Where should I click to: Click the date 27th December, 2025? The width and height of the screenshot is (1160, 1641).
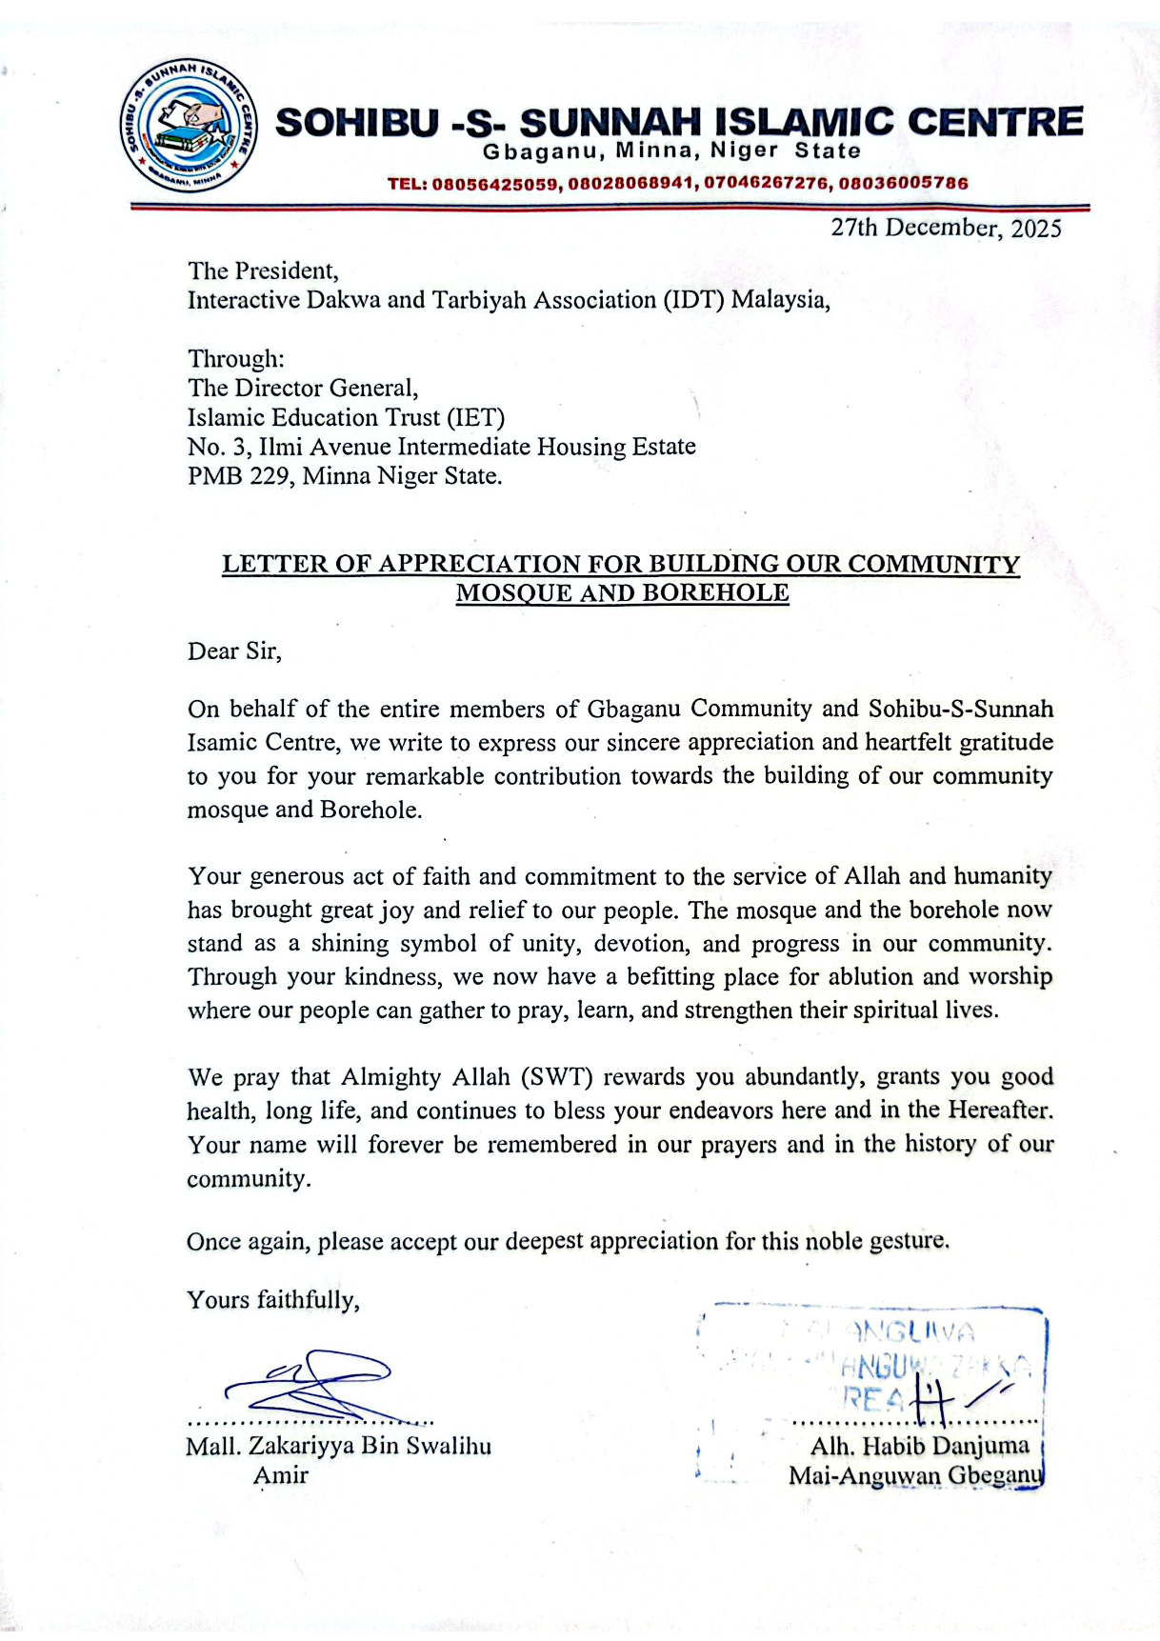pos(946,229)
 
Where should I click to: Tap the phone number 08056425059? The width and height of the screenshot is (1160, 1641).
pos(495,184)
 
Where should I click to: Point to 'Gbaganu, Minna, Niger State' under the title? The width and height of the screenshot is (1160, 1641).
pos(671,151)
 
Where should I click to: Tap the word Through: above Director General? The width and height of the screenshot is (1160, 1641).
pos(236,359)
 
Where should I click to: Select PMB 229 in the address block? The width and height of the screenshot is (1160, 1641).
pos(240,476)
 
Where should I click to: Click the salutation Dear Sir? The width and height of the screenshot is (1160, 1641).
pos(234,651)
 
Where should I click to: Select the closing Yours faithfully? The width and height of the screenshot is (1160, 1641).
pos(273,1301)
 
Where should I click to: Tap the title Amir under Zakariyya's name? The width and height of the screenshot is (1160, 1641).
pos(281,1476)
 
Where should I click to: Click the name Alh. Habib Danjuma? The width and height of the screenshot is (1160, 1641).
pos(919,1447)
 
